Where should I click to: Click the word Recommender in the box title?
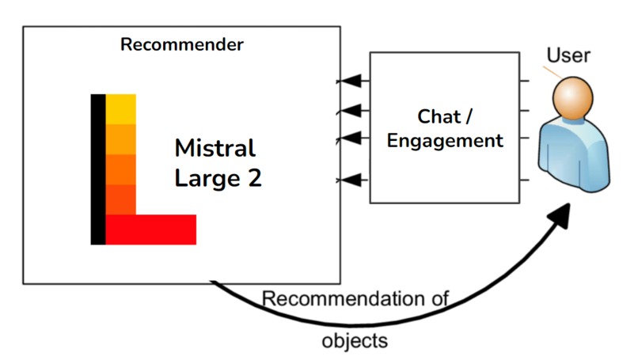click(x=181, y=44)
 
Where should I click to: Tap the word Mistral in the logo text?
click(x=215, y=149)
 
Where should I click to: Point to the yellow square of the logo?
click(x=121, y=109)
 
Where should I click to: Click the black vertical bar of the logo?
click(x=97, y=169)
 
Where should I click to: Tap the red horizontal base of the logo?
click(x=150, y=229)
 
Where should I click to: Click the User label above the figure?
click(x=568, y=56)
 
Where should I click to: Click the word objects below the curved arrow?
click(x=355, y=342)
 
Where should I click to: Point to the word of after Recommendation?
click(x=441, y=300)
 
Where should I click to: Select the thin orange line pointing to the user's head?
click(x=550, y=72)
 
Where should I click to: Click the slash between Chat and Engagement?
click(x=468, y=117)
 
